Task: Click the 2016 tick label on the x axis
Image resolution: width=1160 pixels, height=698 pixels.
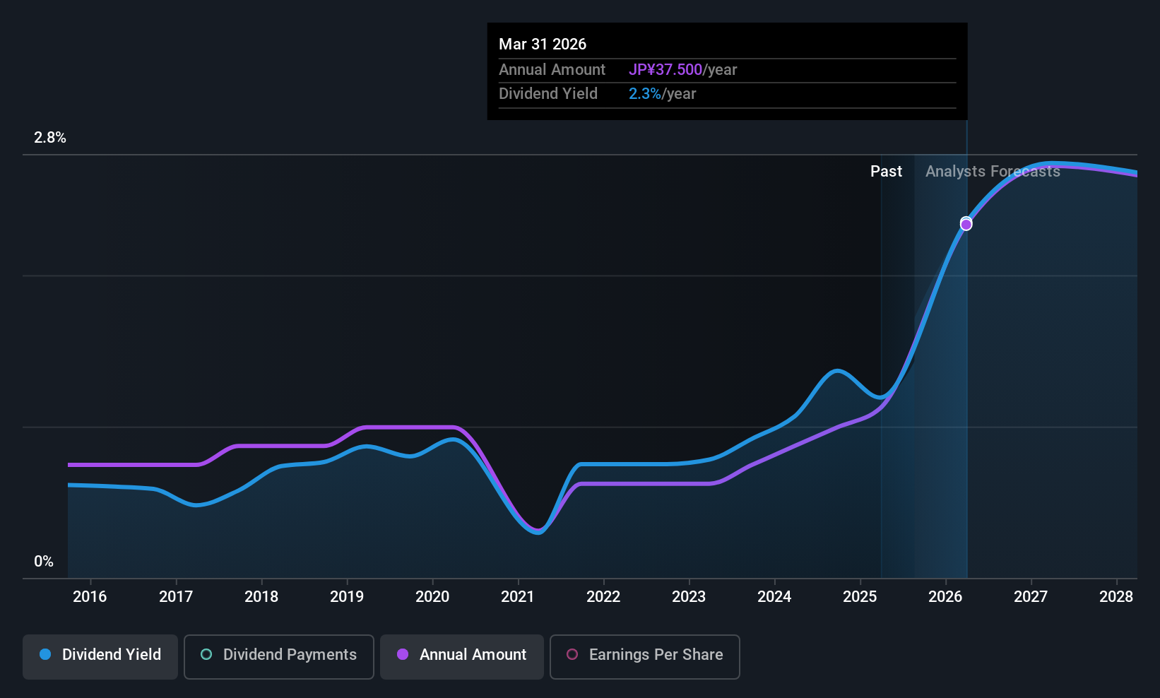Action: point(90,596)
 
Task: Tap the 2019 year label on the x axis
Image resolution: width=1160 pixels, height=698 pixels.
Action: point(347,596)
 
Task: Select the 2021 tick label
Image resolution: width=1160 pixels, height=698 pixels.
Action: point(518,596)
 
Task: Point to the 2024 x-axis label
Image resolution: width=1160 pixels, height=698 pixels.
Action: point(774,596)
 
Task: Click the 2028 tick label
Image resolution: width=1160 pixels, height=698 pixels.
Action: point(1116,596)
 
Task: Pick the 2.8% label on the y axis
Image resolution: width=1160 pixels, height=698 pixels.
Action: point(50,138)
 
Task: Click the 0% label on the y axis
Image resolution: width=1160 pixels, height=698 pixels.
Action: point(44,562)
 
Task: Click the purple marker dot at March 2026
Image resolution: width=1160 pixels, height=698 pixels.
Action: point(966,225)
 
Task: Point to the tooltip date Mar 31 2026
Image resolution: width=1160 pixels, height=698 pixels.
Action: point(543,44)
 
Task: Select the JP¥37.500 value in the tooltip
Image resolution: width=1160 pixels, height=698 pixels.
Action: point(665,69)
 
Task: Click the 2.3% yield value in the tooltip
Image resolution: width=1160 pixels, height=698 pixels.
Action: point(645,94)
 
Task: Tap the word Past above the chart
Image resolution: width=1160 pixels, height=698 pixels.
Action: point(886,172)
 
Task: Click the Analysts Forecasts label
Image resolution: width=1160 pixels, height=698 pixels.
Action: point(993,172)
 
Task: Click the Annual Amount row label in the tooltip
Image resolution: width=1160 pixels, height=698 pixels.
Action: point(552,69)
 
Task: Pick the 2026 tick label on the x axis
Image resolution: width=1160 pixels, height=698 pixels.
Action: point(945,596)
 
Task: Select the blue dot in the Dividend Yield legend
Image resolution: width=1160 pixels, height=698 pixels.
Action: point(45,654)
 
